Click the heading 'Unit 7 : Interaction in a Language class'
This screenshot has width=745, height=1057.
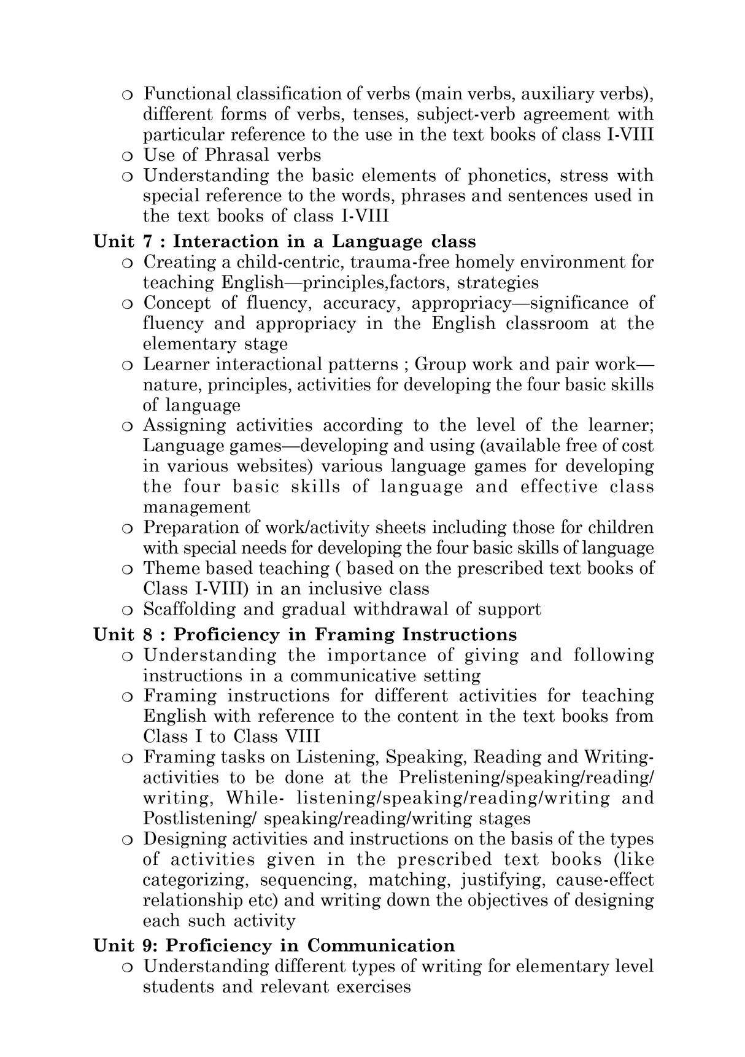(x=285, y=241)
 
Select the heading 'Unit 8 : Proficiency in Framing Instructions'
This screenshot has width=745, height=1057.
(x=305, y=634)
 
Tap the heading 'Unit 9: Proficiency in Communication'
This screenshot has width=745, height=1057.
(x=274, y=945)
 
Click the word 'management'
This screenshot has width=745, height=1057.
(x=196, y=508)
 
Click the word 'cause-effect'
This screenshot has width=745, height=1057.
(x=604, y=880)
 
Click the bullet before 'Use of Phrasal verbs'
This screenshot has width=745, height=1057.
(x=127, y=156)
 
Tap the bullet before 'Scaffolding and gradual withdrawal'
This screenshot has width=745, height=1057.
(x=127, y=610)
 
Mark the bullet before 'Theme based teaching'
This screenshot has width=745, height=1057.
(x=127, y=570)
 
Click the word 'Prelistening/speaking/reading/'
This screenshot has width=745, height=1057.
(x=526, y=778)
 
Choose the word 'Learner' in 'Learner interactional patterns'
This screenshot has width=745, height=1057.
(x=170, y=364)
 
